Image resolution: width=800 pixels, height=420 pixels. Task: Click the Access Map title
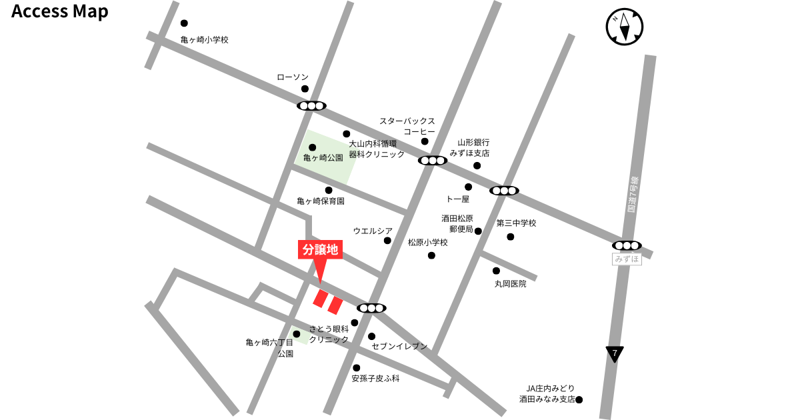coord(60,12)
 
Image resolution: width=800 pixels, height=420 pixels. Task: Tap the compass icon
coord(625,27)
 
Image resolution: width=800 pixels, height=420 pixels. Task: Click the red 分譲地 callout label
coord(320,250)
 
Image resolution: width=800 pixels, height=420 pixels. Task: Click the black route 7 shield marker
coord(615,353)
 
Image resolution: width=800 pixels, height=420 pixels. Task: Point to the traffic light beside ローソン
coord(311,105)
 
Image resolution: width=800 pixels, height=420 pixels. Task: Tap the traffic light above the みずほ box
coord(627,245)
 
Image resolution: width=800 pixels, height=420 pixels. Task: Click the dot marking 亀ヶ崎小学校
coord(184,23)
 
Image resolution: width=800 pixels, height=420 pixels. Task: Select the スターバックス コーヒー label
coord(407,126)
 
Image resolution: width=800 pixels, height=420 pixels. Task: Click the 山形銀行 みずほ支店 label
coord(473,147)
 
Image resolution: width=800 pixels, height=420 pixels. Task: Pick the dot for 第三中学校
coord(510,237)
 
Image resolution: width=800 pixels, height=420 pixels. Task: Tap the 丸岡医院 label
coord(510,283)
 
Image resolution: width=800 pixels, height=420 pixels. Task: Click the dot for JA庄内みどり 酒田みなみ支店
coord(579,400)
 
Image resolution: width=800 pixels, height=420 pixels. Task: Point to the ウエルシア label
coord(373,231)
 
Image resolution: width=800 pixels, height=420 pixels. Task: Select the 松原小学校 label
coord(428,243)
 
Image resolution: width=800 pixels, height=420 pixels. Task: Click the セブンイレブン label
coord(399,347)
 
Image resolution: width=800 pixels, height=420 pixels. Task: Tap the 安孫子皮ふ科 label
coord(375,378)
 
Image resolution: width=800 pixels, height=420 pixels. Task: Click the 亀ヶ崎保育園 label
coord(321,201)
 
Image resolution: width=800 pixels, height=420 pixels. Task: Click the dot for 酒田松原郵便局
coord(478,231)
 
